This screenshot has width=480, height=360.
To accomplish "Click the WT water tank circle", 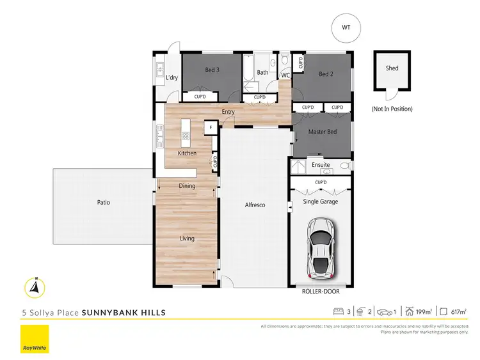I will [346, 27].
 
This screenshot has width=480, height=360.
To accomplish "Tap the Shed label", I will [392, 68].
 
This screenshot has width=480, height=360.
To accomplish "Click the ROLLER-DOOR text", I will [321, 291].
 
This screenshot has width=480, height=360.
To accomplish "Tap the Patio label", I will [104, 202].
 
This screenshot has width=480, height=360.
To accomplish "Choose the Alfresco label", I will [255, 205].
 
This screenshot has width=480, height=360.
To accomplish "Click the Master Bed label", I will [322, 132].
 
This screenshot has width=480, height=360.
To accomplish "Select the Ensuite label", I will [321, 165].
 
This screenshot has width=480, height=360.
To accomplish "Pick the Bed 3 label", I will [212, 70].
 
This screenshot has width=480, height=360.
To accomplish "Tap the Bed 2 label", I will [326, 74].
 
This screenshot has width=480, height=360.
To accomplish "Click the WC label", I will [286, 75].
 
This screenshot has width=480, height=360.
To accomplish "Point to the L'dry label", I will [172, 78].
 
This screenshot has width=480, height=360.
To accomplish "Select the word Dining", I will [187, 186].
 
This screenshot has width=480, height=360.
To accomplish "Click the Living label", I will [187, 239].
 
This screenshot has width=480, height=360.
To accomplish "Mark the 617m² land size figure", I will [458, 312].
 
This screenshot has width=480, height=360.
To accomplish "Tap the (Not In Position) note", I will [392, 109].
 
